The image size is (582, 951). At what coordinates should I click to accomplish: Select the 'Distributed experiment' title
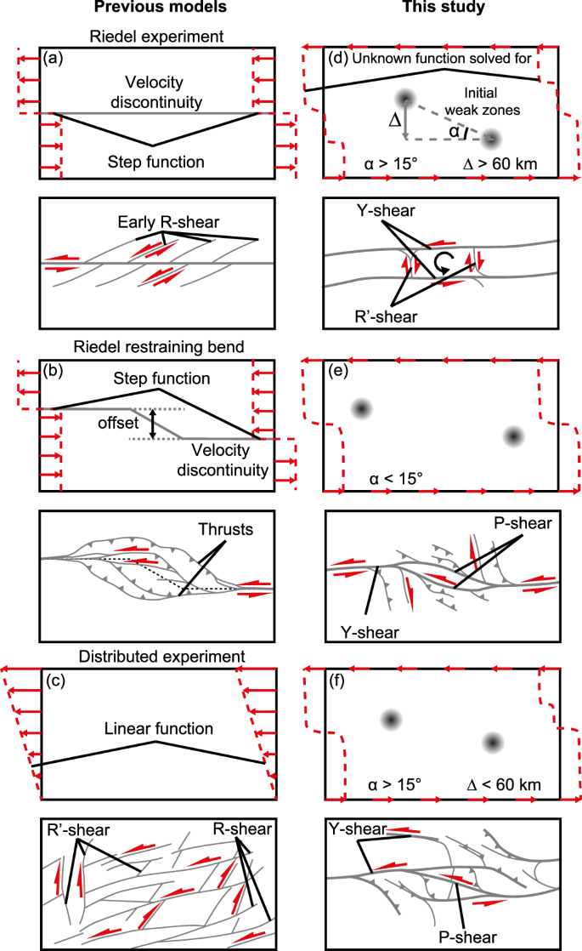[155, 656]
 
